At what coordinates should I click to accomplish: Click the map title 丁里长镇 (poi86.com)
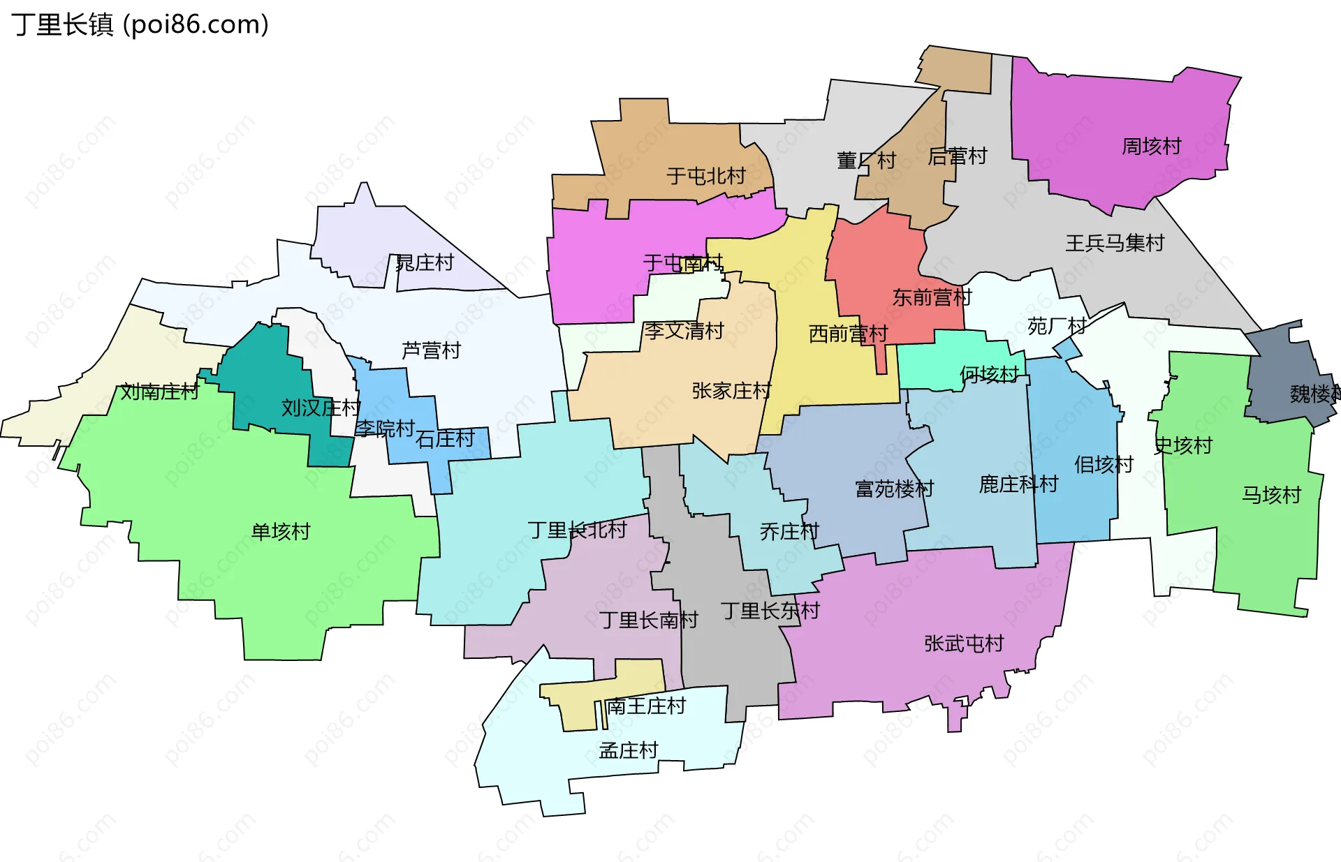(x=140, y=25)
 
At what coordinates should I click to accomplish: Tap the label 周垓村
(x=1151, y=147)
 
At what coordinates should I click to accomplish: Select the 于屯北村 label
(x=706, y=176)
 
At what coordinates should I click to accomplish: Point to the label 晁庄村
(x=425, y=263)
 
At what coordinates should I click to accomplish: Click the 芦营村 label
(x=432, y=350)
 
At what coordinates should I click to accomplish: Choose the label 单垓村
(x=281, y=532)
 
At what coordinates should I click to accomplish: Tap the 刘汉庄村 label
(x=321, y=408)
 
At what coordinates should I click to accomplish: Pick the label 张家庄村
(x=731, y=391)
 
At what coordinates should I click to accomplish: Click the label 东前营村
(x=932, y=298)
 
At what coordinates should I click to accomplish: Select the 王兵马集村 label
(x=1115, y=243)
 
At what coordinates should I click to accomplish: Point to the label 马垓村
(x=1271, y=496)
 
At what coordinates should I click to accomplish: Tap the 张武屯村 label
(x=964, y=644)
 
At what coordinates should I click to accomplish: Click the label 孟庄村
(x=629, y=751)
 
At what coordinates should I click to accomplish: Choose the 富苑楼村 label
(x=894, y=489)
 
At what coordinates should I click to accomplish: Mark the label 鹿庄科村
(x=1018, y=484)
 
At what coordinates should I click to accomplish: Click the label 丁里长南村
(x=649, y=621)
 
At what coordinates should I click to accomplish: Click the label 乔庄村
(x=789, y=532)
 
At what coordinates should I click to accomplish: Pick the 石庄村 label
(x=445, y=439)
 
